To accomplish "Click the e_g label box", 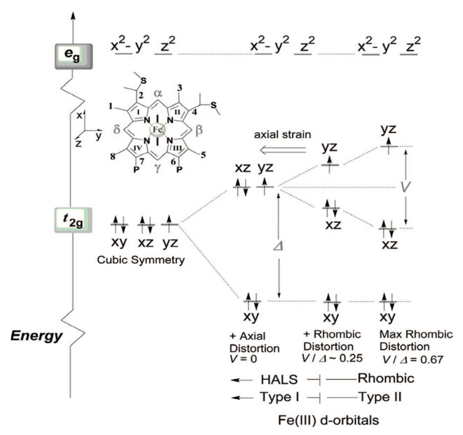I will [x=73, y=56].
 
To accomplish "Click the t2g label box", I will [x=73, y=220].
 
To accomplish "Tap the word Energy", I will [x=36, y=336].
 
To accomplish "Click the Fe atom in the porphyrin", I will [x=158, y=130].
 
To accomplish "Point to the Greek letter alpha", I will [x=158, y=93].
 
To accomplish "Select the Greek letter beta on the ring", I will [x=199, y=131].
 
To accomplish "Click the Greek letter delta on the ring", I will [x=117, y=130].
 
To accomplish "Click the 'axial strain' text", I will [x=282, y=135].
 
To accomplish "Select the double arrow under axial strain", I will [x=283, y=150].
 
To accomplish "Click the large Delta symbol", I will [x=278, y=246].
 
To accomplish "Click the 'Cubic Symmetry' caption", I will [x=141, y=260].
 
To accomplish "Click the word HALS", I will [x=279, y=379].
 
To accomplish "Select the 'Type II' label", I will [x=380, y=397].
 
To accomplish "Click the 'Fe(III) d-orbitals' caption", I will [x=328, y=420].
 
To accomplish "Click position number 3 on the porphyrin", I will [x=179, y=88].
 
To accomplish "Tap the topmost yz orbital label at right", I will [x=389, y=130].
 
